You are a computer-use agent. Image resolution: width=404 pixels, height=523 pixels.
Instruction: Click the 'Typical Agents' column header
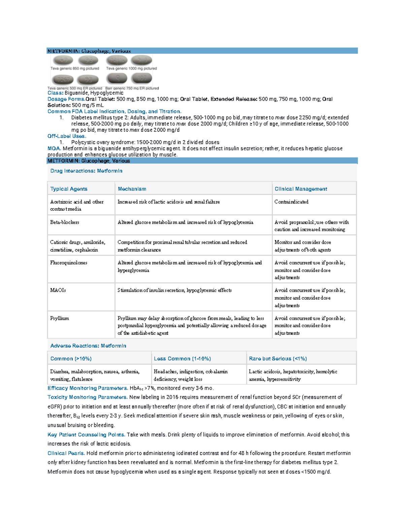click(x=69, y=189)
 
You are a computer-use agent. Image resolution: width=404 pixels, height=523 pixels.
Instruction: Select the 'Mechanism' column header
click(x=132, y=189)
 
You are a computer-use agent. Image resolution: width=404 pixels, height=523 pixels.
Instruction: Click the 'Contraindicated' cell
click(x=291, y=202)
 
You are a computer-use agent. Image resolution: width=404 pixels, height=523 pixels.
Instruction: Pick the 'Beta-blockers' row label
click(x=65, y=222)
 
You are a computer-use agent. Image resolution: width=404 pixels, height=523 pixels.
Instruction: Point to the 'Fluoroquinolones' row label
click(x=69, y=263)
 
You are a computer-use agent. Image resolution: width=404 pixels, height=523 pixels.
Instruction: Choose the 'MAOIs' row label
click(x=58, y=290)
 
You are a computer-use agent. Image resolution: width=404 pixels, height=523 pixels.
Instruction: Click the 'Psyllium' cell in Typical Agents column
click(x=60, y=318)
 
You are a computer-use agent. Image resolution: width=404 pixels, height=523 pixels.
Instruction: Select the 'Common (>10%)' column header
click(x=71, y=359)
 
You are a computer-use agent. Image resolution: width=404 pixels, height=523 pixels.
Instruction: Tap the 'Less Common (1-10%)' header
click(x=182, y=359)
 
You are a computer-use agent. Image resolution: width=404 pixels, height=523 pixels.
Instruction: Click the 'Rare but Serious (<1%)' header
click(x=278, y=359)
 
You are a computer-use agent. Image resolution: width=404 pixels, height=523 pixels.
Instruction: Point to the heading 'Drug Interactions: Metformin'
click(x=86, y=171)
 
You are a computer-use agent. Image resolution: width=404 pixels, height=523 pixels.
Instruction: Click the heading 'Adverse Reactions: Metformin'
click(x=88, y=346)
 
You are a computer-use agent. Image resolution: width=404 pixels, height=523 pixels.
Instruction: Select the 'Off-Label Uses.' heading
click(x=67, y=136)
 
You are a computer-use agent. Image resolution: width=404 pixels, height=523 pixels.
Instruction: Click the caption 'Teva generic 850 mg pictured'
click(x=75, y=68)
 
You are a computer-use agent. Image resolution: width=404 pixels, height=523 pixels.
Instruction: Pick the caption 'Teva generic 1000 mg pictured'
click(x=131, y=68)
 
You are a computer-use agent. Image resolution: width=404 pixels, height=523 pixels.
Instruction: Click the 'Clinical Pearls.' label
click(x=66, y=453)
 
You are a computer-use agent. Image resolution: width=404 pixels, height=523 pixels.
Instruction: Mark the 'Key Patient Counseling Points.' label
click(x=86, y=435)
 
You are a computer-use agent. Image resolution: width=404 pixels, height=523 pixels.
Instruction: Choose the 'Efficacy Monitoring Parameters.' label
click(x=88, y=388)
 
